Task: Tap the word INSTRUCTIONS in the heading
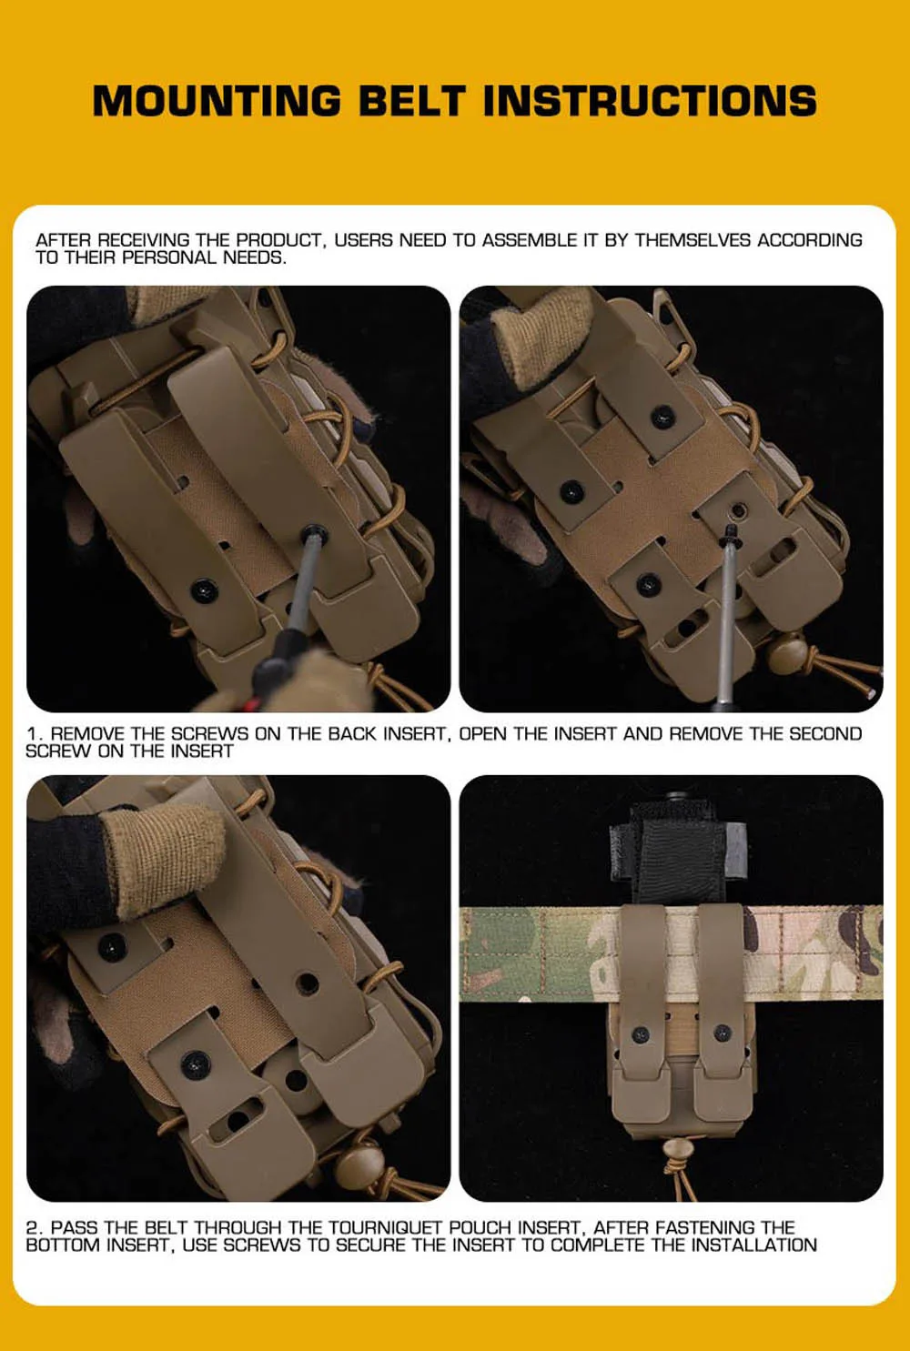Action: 650,101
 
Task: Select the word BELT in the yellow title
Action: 413,101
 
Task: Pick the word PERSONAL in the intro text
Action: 169,257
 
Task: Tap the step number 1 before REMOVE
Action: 33,734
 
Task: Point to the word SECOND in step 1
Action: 825,734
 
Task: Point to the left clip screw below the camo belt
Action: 641,1034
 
